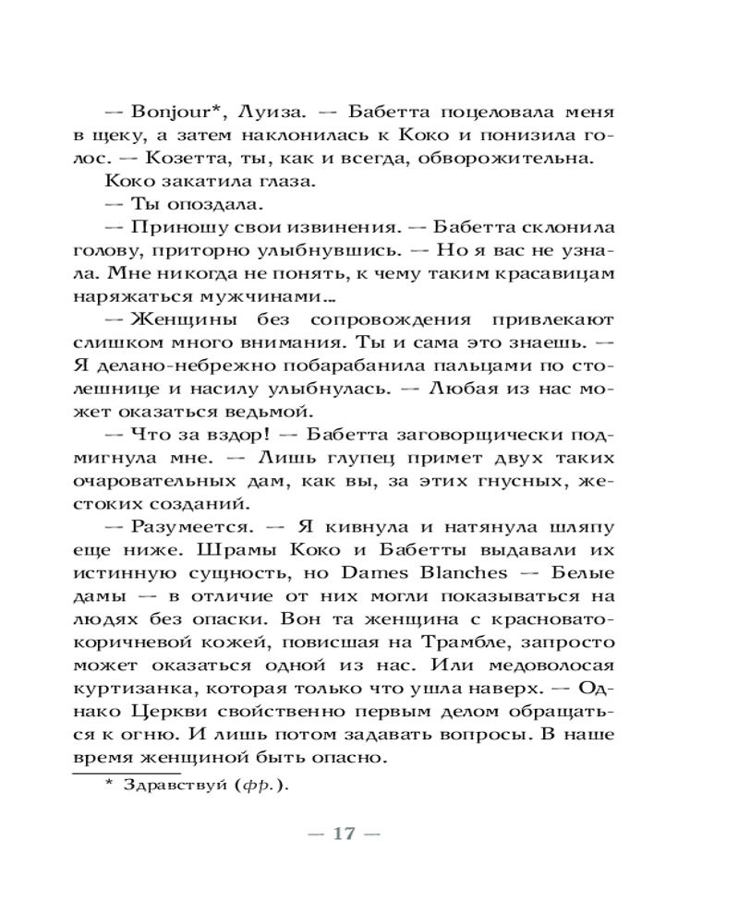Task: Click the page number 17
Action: click(344, 833)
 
